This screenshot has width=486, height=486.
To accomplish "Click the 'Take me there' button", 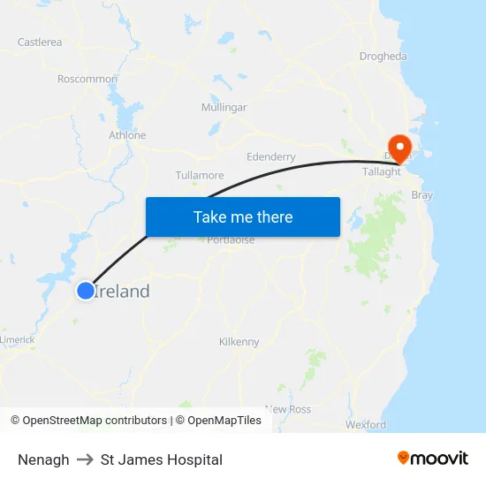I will click(243, 216).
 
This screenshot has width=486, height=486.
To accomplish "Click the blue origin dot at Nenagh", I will click(86, 290).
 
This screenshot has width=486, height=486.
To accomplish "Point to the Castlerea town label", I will click(40, 42).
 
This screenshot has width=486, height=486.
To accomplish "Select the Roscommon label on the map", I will click(87, 79).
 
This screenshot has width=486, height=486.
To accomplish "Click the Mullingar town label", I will click(224, 107).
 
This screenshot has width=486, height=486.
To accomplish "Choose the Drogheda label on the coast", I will click(383, 57).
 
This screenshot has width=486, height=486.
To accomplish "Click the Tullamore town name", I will click(200, 175).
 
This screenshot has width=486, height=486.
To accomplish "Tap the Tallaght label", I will click(383, 171).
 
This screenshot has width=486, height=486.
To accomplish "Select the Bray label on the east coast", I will click(422, 194).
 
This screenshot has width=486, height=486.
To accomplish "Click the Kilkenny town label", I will click(239, 341).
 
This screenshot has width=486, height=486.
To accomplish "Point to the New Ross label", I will click(288, 409).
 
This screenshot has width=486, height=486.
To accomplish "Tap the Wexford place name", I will click(366, 424).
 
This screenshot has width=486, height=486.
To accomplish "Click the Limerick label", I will click(18, 339).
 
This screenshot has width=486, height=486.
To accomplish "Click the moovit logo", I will click(433, 458).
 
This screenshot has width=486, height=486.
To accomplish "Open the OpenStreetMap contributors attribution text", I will click(95, 421).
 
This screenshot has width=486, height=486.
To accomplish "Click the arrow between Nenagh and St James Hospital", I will click(85, 459).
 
